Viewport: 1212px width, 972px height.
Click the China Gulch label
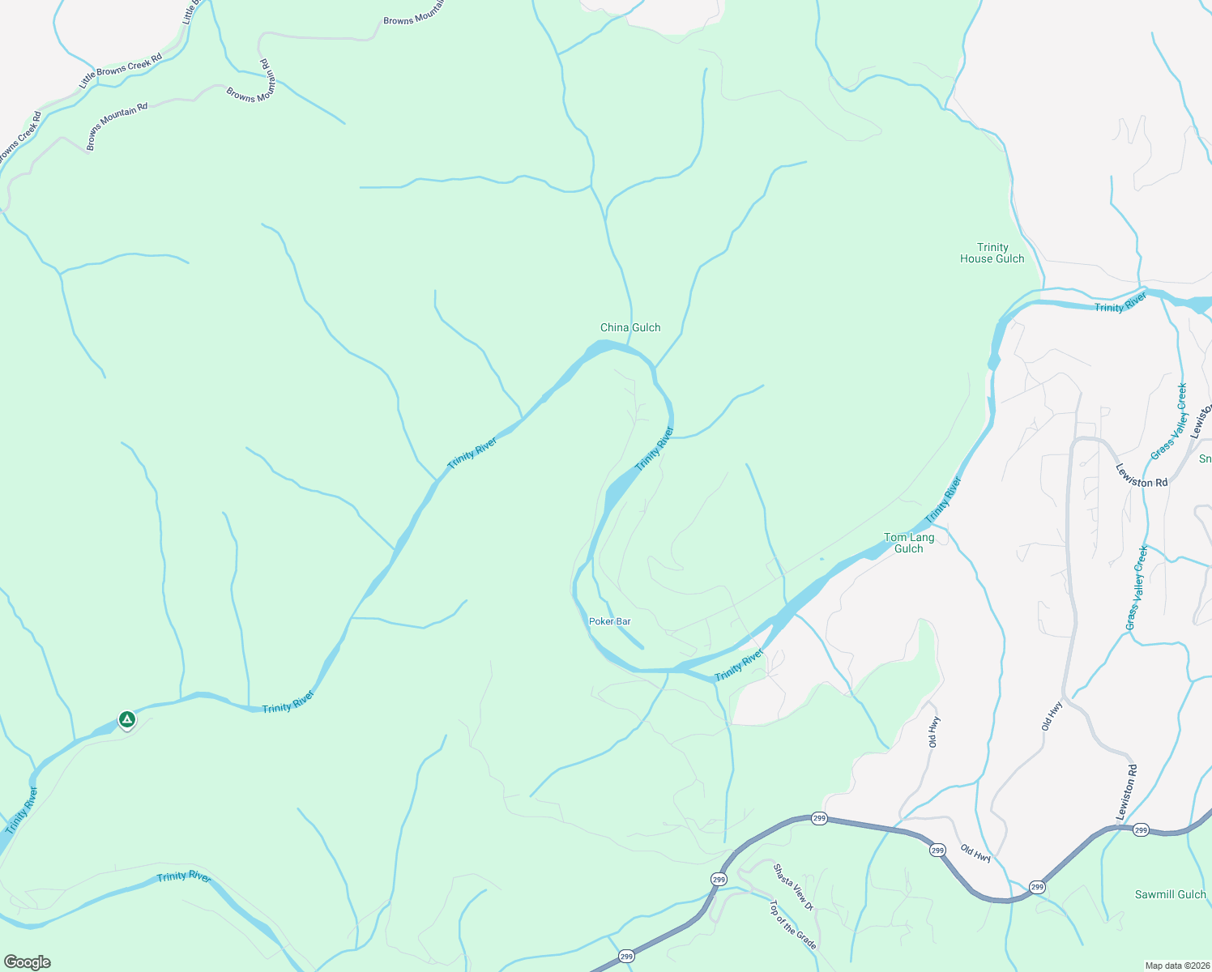click(630, 327)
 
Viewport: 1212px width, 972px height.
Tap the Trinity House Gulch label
click(992, 253)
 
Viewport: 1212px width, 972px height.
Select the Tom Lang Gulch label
click(909, 543)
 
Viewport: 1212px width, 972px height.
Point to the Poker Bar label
click(609, 621)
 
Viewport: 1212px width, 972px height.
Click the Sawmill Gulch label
click(1170, 894)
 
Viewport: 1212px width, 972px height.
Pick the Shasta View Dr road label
click(792, 887)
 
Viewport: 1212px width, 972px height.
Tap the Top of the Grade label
click(792, 924)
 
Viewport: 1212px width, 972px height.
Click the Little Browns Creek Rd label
click(121, 71)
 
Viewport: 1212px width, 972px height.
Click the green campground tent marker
click(126, 718)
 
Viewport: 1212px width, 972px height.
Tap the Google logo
click(27, 961)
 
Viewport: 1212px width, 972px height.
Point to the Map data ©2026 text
click(1176, 966)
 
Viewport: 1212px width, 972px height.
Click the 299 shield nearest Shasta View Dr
click(719, 879)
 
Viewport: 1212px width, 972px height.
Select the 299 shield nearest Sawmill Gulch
click(1141, 830)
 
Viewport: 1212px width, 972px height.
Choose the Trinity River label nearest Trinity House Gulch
click(1120, 303)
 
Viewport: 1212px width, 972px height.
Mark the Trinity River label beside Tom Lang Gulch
click(943, 500)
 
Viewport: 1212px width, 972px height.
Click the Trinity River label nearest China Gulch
click(654, 450)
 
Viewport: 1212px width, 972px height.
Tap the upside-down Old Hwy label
click(975, 852)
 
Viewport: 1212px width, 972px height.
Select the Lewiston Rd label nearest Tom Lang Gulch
click(1142, 475)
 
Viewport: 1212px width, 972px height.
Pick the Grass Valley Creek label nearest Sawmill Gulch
click(1137, 588)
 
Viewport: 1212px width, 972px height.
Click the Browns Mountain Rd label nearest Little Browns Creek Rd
click(117, 125)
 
